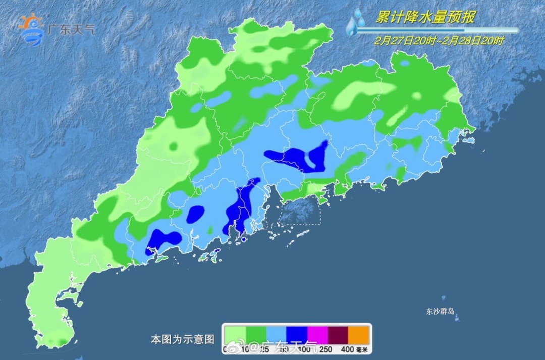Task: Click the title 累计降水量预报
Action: [425, 18]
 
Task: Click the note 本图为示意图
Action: [182, 339]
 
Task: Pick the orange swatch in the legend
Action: [359, 335]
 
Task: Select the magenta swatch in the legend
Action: [317, 335]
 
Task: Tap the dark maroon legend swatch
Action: [338, 335]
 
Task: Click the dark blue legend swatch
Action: [297, 335]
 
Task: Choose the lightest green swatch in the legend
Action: [235, 335]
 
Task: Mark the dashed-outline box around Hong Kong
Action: [300, 211]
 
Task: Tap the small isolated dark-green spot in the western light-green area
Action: [174, 147]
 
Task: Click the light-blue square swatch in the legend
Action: [276, 335]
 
